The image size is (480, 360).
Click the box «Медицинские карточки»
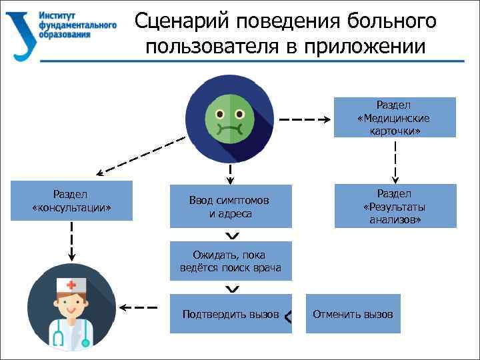click(394, 117)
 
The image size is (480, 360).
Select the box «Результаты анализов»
click(395, 206)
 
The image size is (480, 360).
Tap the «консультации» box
click(71, 201)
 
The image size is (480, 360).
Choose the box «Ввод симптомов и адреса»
click(230, 206)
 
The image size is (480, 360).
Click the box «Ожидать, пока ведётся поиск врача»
click(230, 261)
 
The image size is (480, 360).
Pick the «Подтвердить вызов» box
click(230, 314)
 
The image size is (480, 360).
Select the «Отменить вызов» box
click(353, 314)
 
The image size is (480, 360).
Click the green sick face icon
click(230, 117)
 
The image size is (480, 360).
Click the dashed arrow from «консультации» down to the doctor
click(71, 240)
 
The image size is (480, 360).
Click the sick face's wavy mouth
click(230, 126)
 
